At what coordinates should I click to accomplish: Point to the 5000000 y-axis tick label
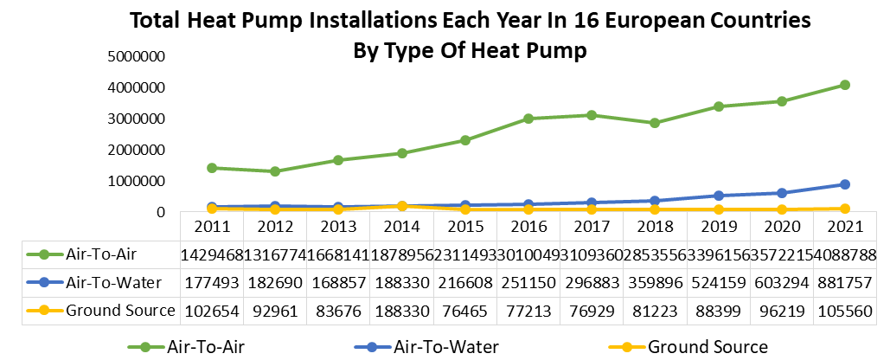point(140,56)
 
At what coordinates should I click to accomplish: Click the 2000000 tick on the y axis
point(140,150)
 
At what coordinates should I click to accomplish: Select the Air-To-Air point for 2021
point(845,85)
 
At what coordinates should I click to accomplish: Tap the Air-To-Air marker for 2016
point(528,119)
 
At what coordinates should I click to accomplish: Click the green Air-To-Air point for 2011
point(212,168)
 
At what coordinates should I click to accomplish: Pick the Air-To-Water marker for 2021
point(845,184)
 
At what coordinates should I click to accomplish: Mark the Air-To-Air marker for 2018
point(655,123)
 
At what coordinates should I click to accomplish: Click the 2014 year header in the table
point(401,227)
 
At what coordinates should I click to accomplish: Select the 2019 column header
point(718,227)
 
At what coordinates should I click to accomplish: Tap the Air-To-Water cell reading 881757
point(844,282)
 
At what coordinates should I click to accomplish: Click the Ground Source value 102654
point(212,310)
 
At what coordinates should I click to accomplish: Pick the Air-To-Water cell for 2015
point(464,282)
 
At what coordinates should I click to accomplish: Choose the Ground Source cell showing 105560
point(844,310)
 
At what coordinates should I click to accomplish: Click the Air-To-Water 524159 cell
point(718,282)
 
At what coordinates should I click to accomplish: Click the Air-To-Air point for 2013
point(338,160)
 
